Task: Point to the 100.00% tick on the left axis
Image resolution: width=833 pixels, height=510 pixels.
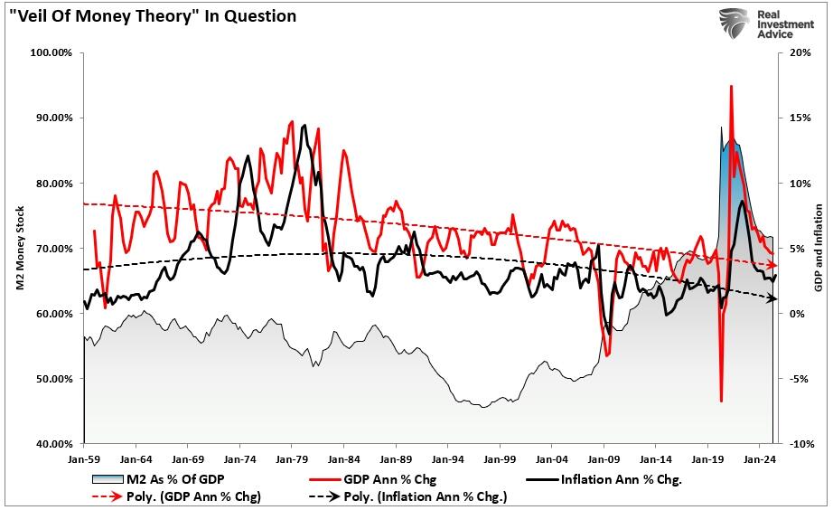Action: coord(52,52)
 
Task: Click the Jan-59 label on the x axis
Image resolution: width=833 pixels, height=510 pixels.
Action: coord(83,458)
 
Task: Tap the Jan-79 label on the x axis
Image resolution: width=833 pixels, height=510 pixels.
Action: coord(291,458)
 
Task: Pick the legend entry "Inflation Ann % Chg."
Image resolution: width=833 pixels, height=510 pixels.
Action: coord(620,479)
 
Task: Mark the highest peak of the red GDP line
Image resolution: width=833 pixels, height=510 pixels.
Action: coord(730,86)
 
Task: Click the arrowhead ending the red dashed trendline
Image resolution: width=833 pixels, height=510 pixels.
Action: coord(772,263)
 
